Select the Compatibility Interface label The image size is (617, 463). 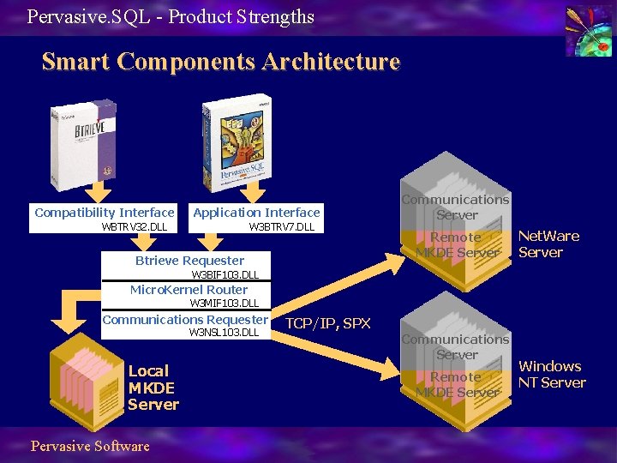105,212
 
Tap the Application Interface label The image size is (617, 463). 256,212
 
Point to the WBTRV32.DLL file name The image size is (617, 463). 135,227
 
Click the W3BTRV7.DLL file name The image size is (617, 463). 281,227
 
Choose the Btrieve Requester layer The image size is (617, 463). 189,261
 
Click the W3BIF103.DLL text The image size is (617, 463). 225,274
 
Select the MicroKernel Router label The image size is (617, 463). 189,290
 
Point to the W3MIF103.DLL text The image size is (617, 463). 224,303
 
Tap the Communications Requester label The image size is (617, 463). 185,320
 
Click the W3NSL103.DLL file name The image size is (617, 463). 224,333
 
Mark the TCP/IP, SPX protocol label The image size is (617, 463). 327,323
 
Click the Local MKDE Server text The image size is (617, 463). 153,388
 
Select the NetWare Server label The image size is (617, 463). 548,244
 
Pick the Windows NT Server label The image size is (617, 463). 551,375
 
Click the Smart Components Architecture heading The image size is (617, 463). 220,63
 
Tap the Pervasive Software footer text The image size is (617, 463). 90,446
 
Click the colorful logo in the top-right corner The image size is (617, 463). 588,31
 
